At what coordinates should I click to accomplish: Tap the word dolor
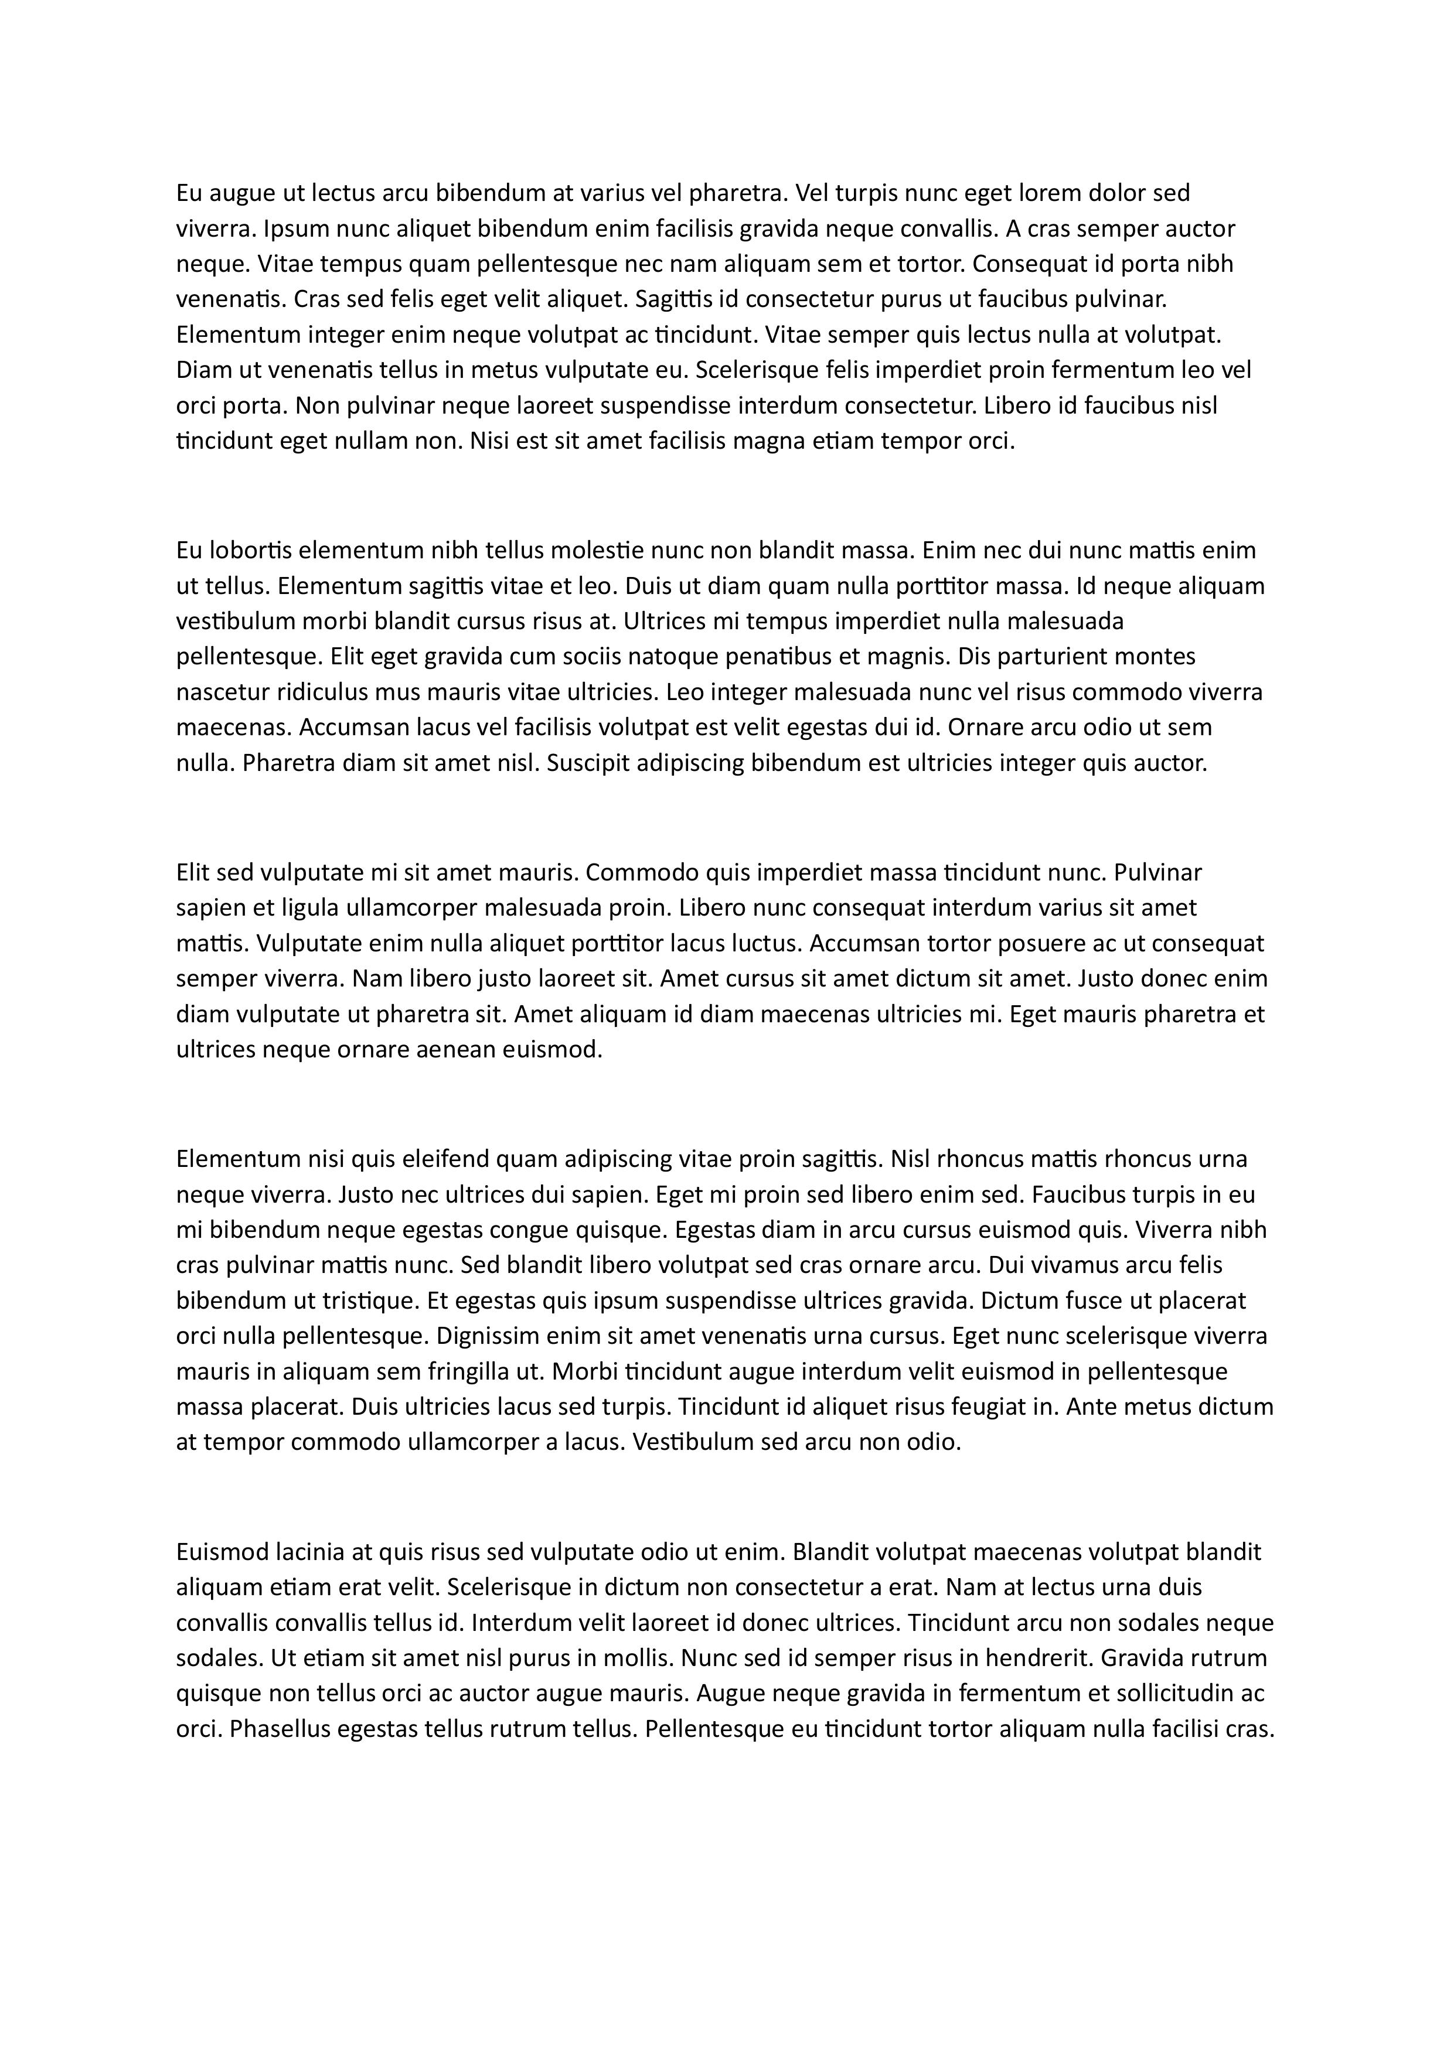click(1116, 193)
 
